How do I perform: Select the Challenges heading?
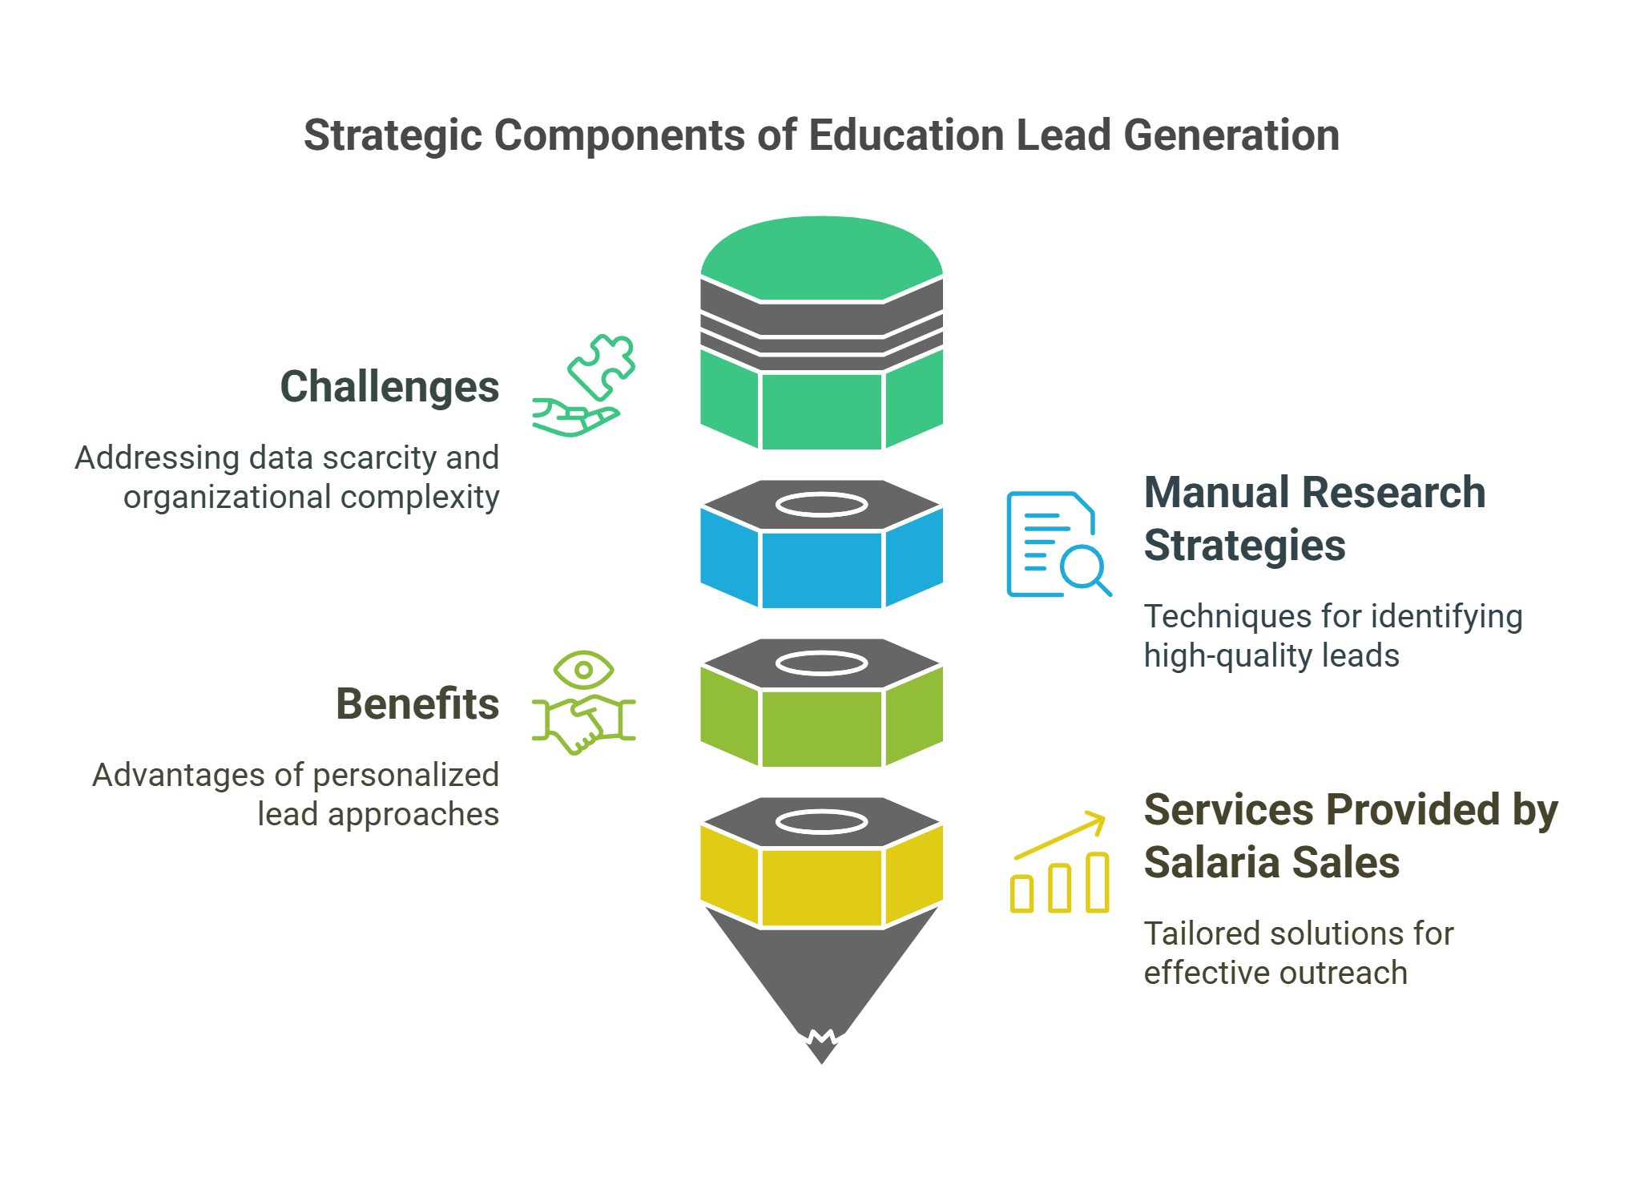tap(389, 387)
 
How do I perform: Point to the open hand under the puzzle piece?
tap(575, 419)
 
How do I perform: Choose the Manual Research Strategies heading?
tap(1314, 518)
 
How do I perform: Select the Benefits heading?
tap(417, 704)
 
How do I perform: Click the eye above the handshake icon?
tap(583, 669)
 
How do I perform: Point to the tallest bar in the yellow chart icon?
tap(1098, 883)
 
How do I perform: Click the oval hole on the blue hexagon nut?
tap(821, 505)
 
